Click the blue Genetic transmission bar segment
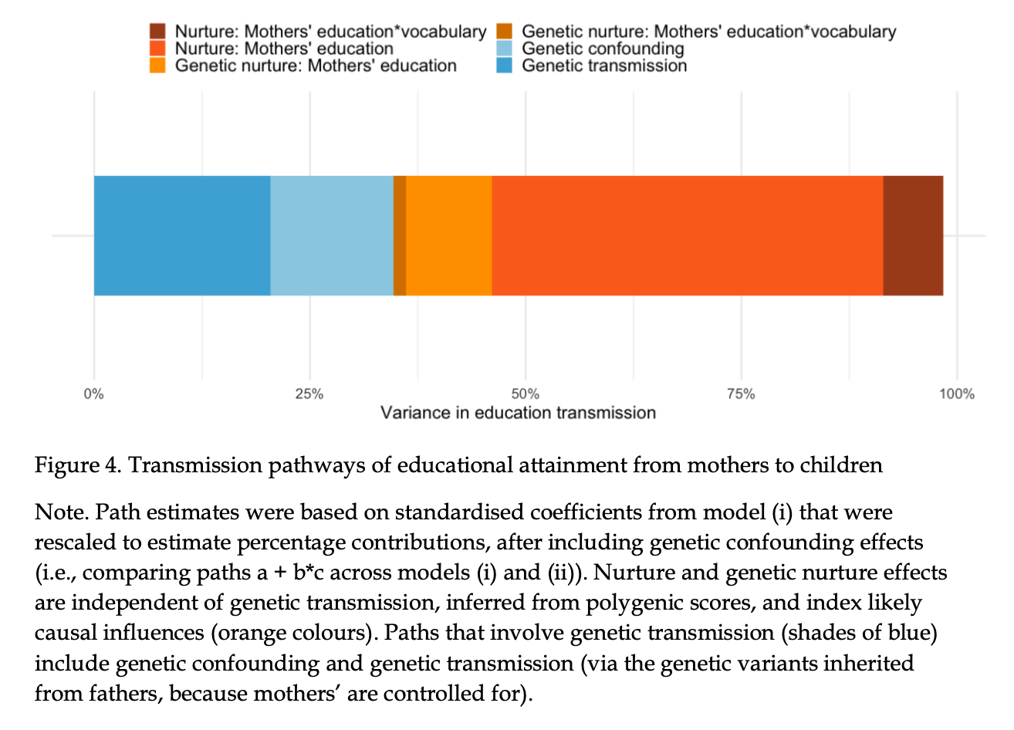pos(182,235)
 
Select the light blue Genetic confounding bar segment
pos(332,235)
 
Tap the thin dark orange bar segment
pos(400,235)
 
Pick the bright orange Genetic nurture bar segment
pos(449,235)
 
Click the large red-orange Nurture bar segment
pos(687,235)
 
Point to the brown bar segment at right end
pos(913,235)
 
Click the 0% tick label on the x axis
pos(93,394)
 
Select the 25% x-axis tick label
pos(309,394)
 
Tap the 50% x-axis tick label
pos(525,394)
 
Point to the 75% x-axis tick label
pos(741,394)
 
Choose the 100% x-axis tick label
pos(957,394)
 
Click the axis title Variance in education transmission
pos(518,413)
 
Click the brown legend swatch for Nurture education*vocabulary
pos(157,32)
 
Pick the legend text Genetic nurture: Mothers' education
pos(316,66)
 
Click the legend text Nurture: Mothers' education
pos(284,49)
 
